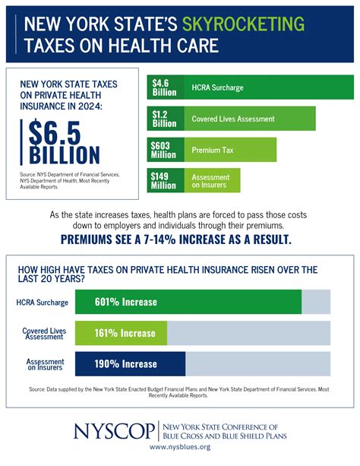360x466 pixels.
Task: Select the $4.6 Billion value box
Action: click(164, 87)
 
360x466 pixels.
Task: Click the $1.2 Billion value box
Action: click(164, 118)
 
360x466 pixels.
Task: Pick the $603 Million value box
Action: click(164, 150)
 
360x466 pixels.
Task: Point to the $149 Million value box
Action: click(164, 180)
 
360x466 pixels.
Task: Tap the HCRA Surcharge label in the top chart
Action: click(217, 87)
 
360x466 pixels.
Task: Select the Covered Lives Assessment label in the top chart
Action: click(235, 118)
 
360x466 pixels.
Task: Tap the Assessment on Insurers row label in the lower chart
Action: click(46, 363)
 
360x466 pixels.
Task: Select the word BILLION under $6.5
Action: click(65, 154)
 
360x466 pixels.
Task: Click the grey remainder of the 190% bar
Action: click(257, 363)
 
